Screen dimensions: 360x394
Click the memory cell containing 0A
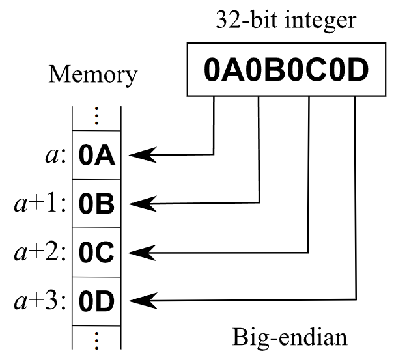(96, 156)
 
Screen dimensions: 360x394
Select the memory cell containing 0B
(96, 204)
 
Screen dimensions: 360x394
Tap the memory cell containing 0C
(96, 252)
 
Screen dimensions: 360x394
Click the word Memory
(93, 75)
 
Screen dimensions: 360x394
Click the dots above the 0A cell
(96, 116)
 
